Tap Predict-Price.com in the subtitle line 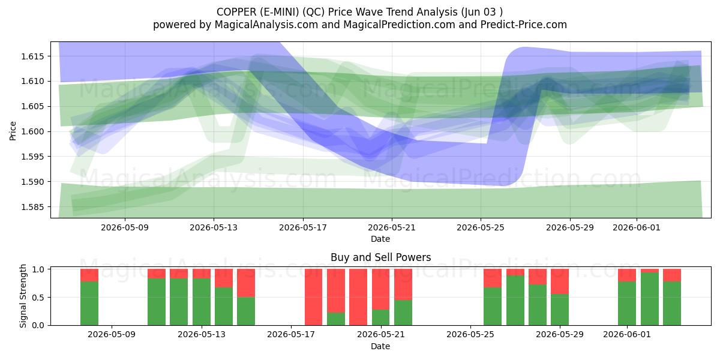(524, 25)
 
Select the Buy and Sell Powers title (380, 257)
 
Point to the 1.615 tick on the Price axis (32, 56)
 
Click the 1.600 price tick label (32, 132)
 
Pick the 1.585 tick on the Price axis (32, 207)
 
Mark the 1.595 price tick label (32, 157)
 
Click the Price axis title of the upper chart (13, 131)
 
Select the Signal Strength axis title (23, 296)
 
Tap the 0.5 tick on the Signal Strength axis (40, 298)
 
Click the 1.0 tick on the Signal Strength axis (40, 269)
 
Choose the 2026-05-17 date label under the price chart (303, 227)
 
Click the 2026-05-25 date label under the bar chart (470, 334)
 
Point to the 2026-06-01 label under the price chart (637, 227)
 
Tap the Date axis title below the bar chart (380, 346)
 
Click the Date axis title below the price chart (380, 239)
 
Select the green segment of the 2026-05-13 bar (202, 302)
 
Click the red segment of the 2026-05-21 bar (380, 289)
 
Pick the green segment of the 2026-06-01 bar (627, 304)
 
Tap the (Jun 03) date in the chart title (482, 12)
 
